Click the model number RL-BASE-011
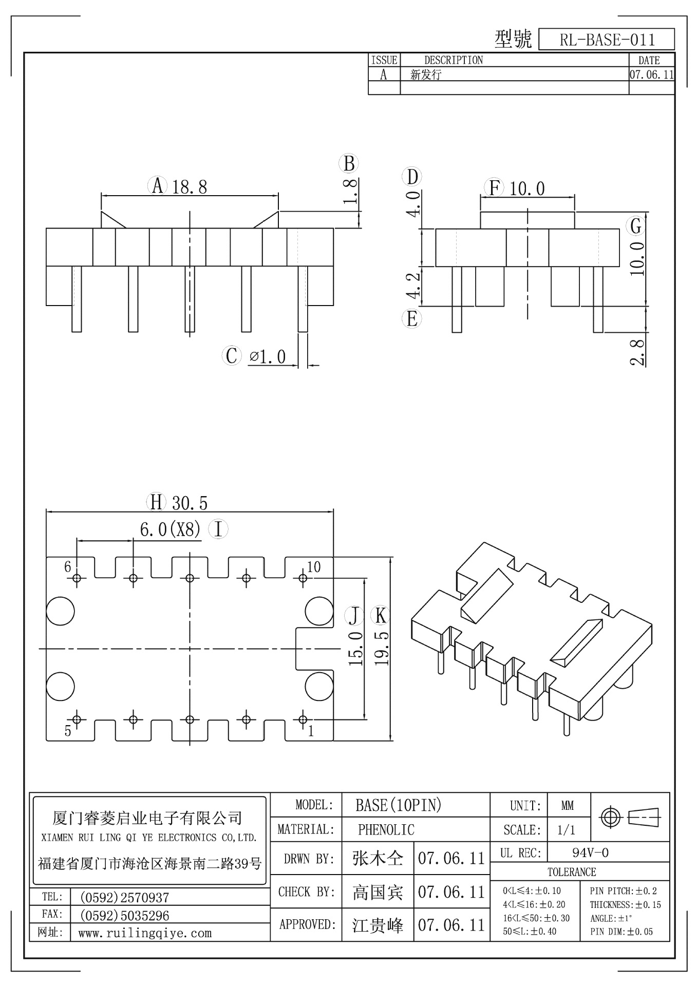tap(607, 40)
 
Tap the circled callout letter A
tap(158, 185)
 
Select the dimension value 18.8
tap(190, 187)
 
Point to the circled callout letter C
tap(232, 355)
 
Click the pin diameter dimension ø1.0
tap(267, 356)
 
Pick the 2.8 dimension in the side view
tap(637, 351)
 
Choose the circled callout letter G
tap(636, 226)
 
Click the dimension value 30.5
tap(190, 503)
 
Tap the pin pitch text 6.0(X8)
tap(170, 529)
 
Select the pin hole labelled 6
tap(77, 579)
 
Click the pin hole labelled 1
tap(303, 719)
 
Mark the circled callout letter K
tap(380, 615)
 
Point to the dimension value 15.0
tap(355, 649)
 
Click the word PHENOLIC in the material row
tap(386, 829)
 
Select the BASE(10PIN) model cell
tap(398, 805)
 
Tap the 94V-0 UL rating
tap(590, 853)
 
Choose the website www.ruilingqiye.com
tap(144, 933)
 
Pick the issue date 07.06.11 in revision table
tap(651, 74)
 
